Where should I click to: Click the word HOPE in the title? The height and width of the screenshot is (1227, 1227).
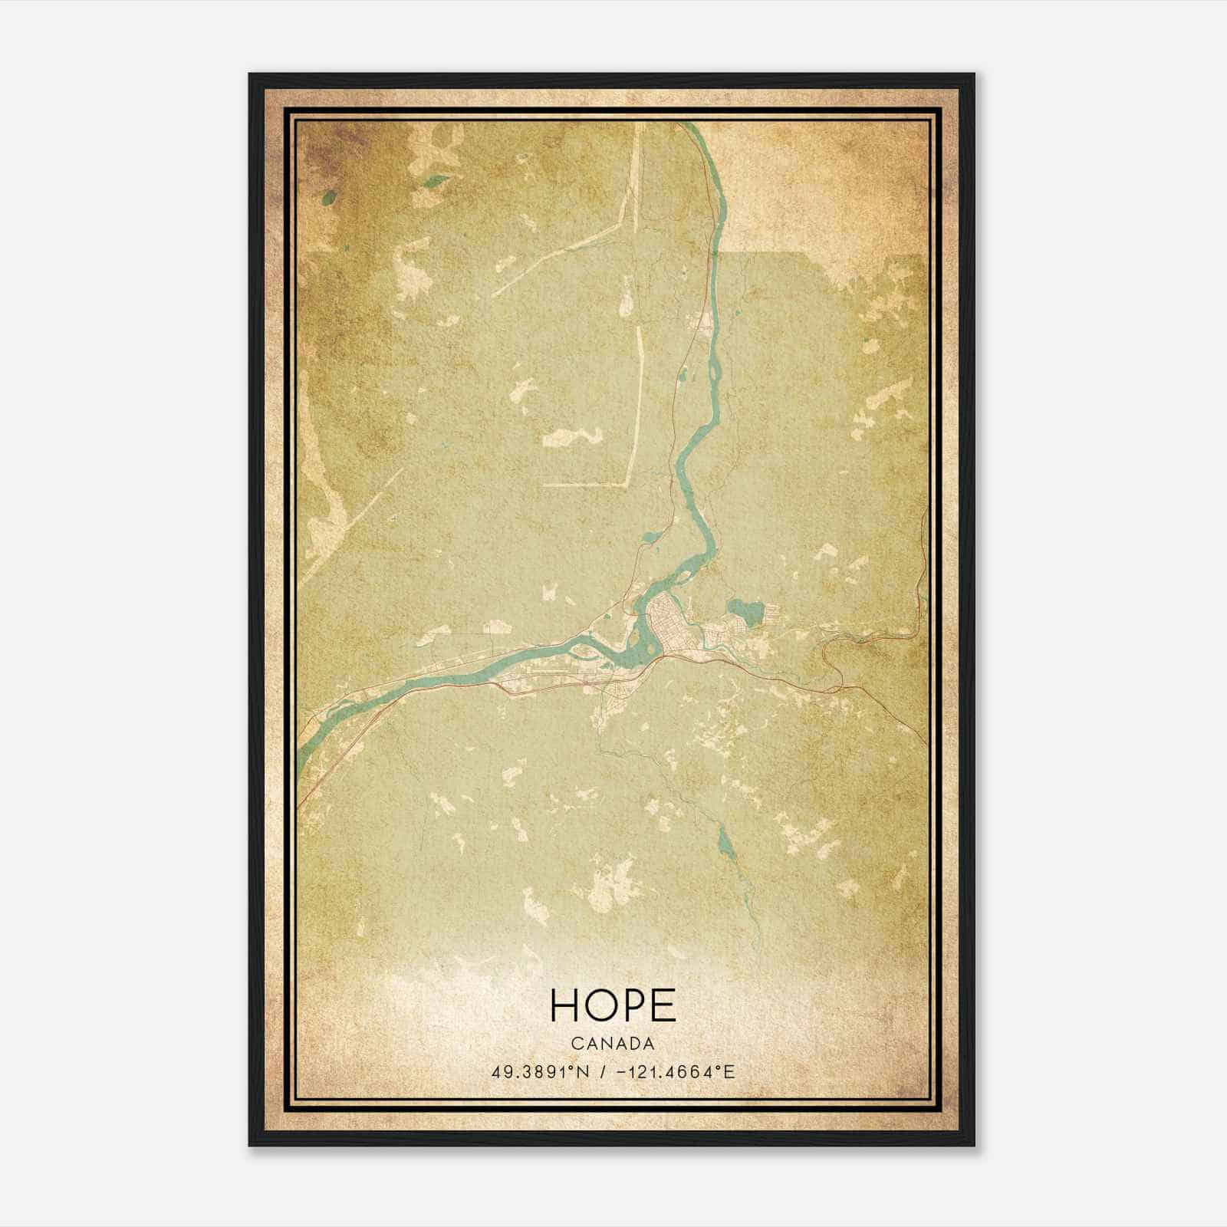point(613,1005)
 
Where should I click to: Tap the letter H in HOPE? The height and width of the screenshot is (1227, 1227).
point(565,1005)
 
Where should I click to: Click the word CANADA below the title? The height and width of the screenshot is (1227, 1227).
point(613,1044)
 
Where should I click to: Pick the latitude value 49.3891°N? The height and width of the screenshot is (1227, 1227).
point(540,1071)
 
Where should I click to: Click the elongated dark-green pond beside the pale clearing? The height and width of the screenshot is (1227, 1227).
point(437,182)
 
